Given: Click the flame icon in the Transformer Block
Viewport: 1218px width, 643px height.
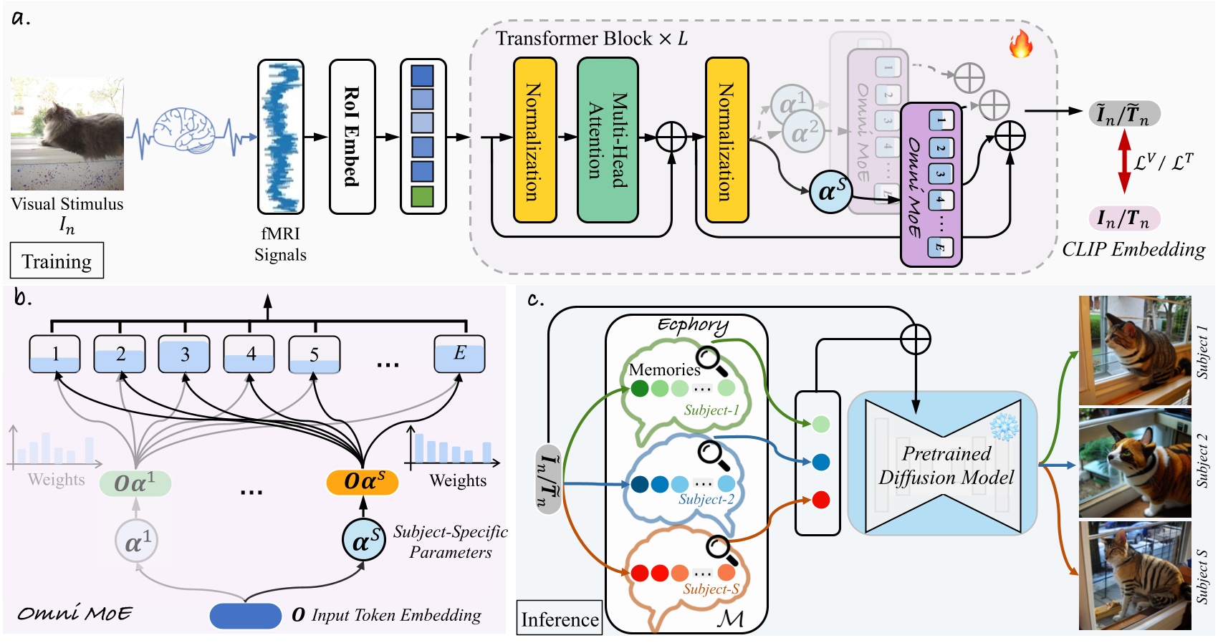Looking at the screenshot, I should click(1020, 44).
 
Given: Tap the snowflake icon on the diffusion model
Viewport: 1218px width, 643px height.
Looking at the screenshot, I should click(1003, 427).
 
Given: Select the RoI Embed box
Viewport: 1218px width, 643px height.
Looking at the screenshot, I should click(352, 137).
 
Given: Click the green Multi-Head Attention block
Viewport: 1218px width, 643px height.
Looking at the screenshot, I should click(607, 140).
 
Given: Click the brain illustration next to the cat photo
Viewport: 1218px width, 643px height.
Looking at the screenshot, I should click(185, 129).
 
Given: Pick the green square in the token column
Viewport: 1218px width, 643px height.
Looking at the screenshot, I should click(423, 196).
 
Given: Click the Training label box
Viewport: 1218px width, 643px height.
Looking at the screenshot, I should click(57, 261).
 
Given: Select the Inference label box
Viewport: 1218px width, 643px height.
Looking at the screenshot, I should click(560, 619).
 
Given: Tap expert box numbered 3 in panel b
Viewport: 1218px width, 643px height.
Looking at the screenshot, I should click(184, 354).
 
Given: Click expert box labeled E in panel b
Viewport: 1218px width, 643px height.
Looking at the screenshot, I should click(459, 354).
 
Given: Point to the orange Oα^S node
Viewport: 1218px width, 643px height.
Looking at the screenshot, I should click(363, 481).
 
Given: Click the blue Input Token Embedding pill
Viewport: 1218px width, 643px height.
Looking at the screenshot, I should click(245, 616).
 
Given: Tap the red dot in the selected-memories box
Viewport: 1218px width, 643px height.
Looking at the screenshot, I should click(821, 499).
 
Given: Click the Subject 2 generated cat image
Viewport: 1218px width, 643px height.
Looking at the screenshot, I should click(1135, 463).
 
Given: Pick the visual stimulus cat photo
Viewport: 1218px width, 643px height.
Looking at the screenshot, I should click(67, 134).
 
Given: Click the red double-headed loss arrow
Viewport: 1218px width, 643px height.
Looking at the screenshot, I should click(1124, 162).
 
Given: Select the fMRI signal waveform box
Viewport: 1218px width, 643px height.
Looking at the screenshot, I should click(281, 137).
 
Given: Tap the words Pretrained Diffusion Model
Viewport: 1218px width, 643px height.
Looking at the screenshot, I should click(946, 465).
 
